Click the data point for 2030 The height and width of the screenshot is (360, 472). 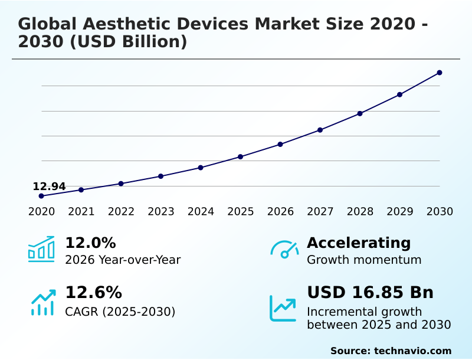coord(440,73)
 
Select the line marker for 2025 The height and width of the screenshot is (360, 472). coord(241,156)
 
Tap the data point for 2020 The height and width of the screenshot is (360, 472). coord(41,196)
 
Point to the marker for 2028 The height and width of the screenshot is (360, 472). coord(360,113)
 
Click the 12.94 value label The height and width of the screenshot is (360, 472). coord(49,186)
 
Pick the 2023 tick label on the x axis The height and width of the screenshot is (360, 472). coord(161,212)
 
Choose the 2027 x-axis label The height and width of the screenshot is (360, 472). coord(320,212)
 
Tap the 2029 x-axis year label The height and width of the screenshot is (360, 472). coord(400,212)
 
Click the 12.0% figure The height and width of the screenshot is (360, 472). coord(90,243)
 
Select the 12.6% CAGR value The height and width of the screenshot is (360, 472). coord(93,293)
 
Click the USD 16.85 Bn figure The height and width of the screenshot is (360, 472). coord(370,293)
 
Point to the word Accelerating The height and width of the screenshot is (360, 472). coord(359,243)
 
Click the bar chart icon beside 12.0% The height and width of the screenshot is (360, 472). coord(41,249)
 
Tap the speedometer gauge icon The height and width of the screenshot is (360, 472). coord(284,249)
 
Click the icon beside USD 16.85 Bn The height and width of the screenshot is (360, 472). coord(283,307)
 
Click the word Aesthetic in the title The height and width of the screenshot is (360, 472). coord(133,24)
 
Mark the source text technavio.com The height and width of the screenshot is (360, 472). coord(412,351)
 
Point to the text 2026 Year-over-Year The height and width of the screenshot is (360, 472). coord(123,260)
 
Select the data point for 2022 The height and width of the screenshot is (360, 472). coord(121,184)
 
